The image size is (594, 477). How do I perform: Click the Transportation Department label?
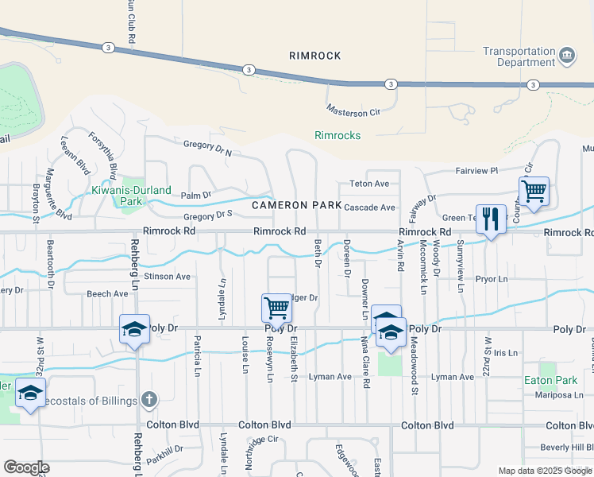tap(519, 56)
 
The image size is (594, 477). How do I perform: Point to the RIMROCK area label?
tap(315, 56)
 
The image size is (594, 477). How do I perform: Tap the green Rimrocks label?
tap(337, 135)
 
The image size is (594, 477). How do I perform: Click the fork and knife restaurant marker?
tap(491, 219)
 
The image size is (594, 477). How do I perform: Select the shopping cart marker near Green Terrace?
tap(534, 192)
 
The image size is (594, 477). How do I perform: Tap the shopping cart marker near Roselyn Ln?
tap(276, 308)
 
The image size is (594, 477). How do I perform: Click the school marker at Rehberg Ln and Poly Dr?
tap(134, 329)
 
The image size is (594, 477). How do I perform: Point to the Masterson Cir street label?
tap(353, 112)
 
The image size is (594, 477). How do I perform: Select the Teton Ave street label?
tap(369, 184)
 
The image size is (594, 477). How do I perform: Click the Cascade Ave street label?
tap(369, 207)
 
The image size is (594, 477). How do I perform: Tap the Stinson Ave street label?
tap(167, 277)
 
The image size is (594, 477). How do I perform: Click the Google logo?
tap(26, 467)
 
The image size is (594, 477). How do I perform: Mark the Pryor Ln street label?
tap(492, 280)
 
